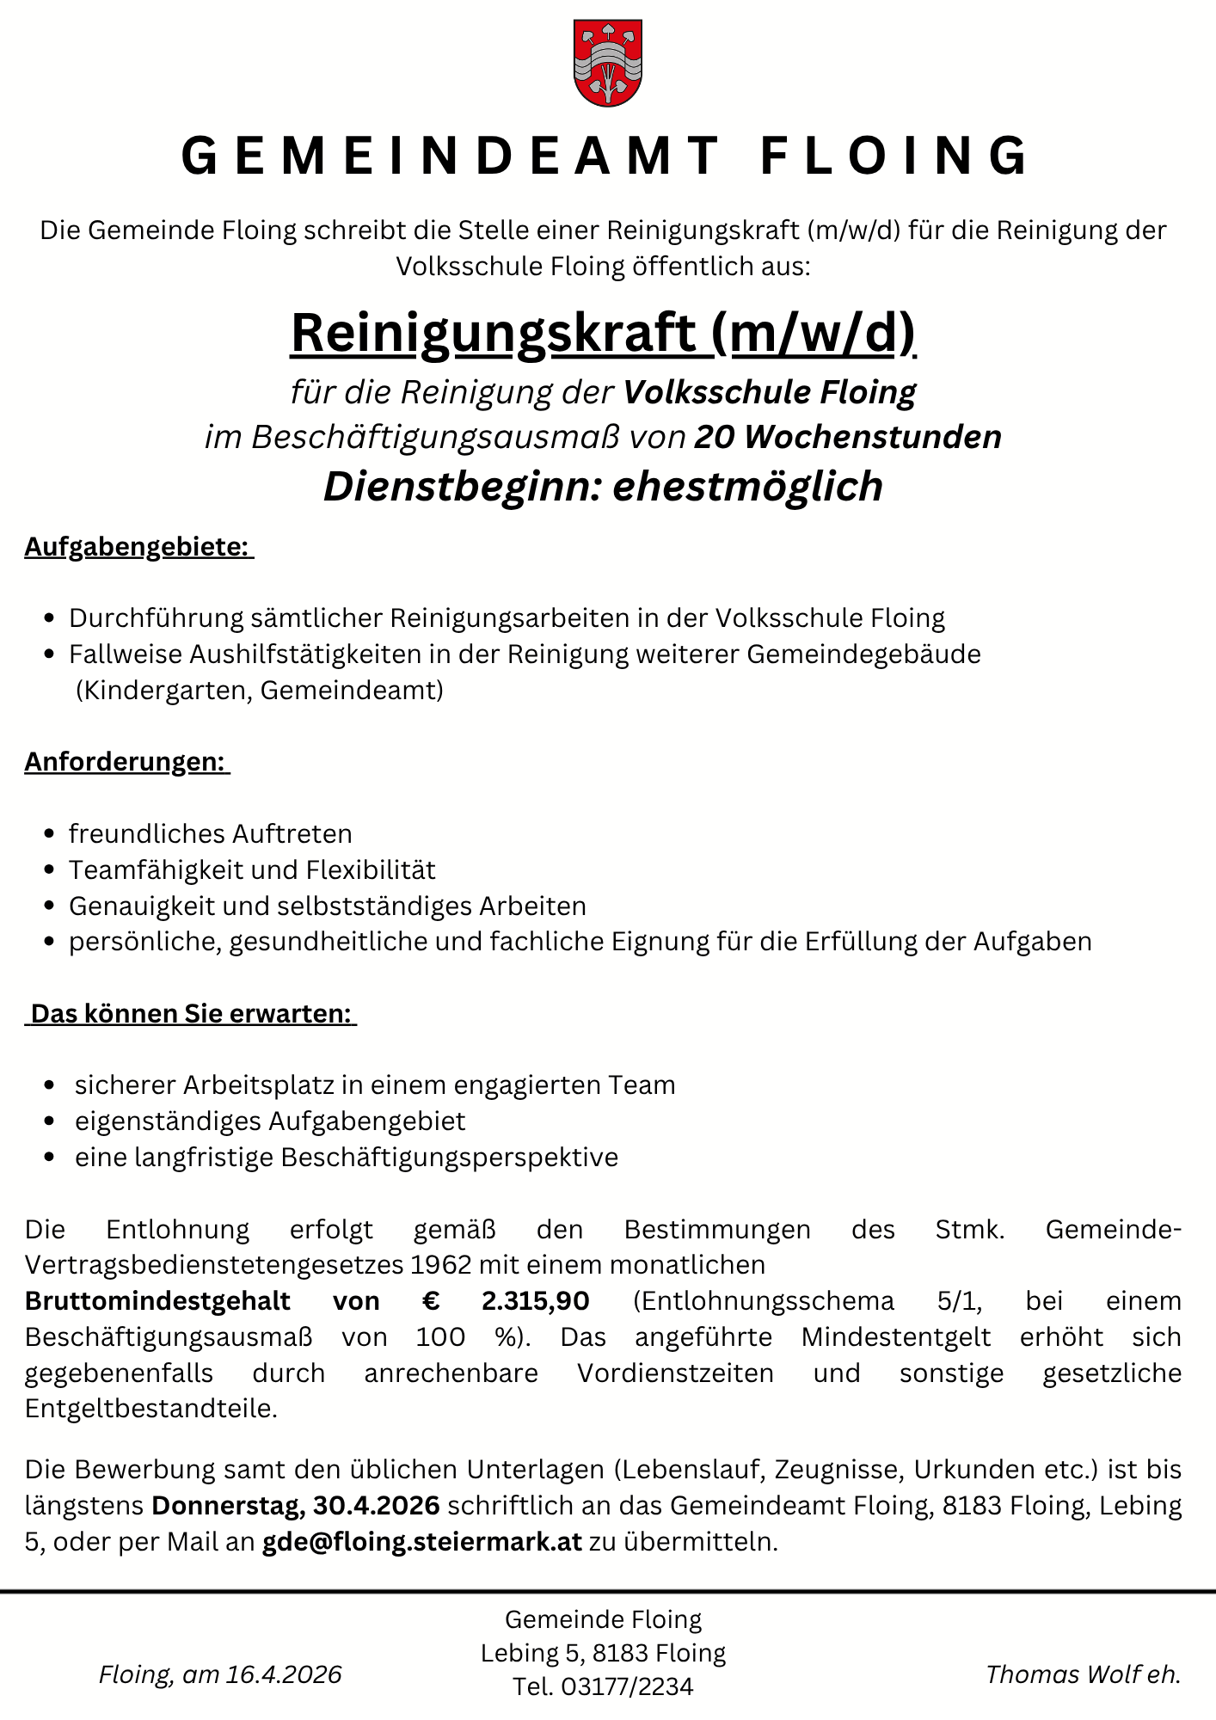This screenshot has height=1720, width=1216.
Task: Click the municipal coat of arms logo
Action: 608,64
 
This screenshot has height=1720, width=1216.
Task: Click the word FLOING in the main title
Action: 894,157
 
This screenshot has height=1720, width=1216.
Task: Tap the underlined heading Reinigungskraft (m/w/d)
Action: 603,333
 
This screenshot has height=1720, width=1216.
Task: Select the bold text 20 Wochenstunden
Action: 848,437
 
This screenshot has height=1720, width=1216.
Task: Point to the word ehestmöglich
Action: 747,486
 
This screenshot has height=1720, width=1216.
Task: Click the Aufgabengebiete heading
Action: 137,547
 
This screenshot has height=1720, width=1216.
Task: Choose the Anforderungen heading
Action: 125,762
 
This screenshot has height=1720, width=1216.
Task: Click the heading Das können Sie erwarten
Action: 191,1014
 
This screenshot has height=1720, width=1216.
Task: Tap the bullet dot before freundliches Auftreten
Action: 49,834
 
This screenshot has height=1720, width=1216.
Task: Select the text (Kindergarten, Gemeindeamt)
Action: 259,691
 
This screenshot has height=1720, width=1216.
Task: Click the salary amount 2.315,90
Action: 536,1301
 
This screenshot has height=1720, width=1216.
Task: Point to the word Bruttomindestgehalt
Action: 158,1301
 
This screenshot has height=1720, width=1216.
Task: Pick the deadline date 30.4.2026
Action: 377,1506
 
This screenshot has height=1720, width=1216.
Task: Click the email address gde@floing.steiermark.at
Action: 421,1542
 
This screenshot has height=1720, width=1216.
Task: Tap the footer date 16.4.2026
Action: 284,1674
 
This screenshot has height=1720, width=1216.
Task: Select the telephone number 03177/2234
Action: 627,1687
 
